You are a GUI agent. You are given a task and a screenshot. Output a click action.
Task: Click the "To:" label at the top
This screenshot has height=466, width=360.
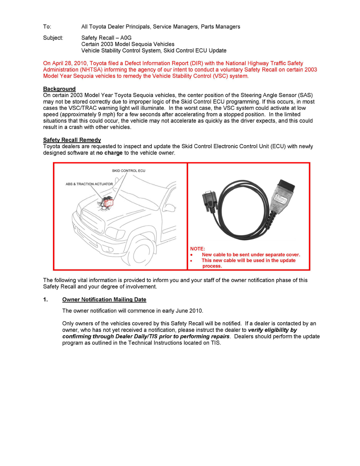click(47, 27)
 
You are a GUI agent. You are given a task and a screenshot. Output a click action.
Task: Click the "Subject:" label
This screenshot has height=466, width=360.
click(53, 38)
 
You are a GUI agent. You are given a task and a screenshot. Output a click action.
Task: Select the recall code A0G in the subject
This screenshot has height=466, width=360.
click(126, 38)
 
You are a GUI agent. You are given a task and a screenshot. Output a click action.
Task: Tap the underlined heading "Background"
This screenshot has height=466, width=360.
click(59, 89)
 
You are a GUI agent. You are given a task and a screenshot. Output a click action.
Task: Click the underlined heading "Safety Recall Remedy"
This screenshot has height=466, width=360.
click(72, 140)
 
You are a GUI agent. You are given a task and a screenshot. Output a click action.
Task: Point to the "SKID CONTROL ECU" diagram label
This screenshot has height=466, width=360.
click(128, 171)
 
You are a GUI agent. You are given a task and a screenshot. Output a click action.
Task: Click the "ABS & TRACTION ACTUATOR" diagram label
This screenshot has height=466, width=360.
click(89, 184)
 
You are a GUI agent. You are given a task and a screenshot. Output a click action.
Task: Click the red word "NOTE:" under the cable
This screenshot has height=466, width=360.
click(198, 249)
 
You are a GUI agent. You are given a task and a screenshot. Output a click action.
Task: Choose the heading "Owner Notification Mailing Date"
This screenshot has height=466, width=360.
click(104, 300)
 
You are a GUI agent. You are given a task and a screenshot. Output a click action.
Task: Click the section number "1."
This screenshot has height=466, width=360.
click(45, 300)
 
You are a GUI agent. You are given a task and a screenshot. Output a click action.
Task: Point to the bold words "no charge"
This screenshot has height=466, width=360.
click(109, 153)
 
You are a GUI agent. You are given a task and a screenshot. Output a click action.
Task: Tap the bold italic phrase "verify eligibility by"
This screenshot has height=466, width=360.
click(272, 330)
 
